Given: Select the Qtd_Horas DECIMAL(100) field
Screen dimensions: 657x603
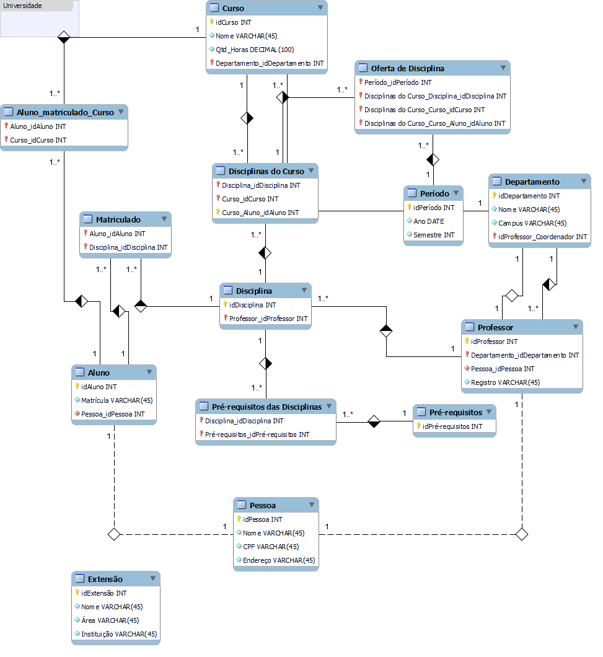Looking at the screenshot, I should pos(254,50).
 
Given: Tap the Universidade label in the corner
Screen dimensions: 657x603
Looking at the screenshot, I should pos(23,6).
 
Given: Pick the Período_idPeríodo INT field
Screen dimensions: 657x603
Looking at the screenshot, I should pos(398,82).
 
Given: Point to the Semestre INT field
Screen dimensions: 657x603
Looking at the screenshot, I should pos(434,235).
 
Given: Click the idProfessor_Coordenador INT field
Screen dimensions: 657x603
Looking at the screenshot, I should pos(542,237).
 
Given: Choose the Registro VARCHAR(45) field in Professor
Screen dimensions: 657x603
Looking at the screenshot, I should pos(505,382).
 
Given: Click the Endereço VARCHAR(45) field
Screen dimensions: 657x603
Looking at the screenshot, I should pos(279,560).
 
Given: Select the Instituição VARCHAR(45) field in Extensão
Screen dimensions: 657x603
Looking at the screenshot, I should pos(119,634).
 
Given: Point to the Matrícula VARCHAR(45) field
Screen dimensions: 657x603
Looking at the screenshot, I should pos(117,400).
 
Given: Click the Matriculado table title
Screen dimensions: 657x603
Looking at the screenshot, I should pos(118,219).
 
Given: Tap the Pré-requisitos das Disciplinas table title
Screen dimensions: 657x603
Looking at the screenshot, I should pos(266,407).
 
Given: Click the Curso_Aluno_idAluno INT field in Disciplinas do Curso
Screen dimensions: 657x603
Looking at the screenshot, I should pos(260,213).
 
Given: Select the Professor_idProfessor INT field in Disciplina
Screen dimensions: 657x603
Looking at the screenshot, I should pos(268,319).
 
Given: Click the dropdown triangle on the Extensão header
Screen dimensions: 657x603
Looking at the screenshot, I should pos(152,579).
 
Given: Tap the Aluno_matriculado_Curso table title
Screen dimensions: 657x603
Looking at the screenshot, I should pos(65,112).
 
